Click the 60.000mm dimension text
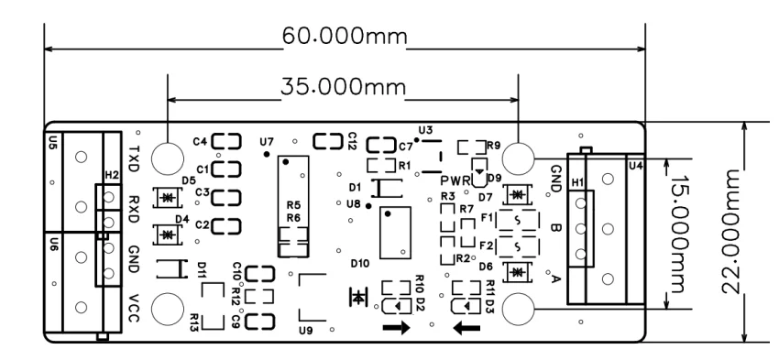[345, 36]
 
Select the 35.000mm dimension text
[343, 87]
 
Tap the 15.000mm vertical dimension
[678, 234]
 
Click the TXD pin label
[134, 158]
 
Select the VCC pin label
[134, 309]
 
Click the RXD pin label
[134, 209]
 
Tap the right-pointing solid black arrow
[397, 328]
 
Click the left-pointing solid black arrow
[467, 328]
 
